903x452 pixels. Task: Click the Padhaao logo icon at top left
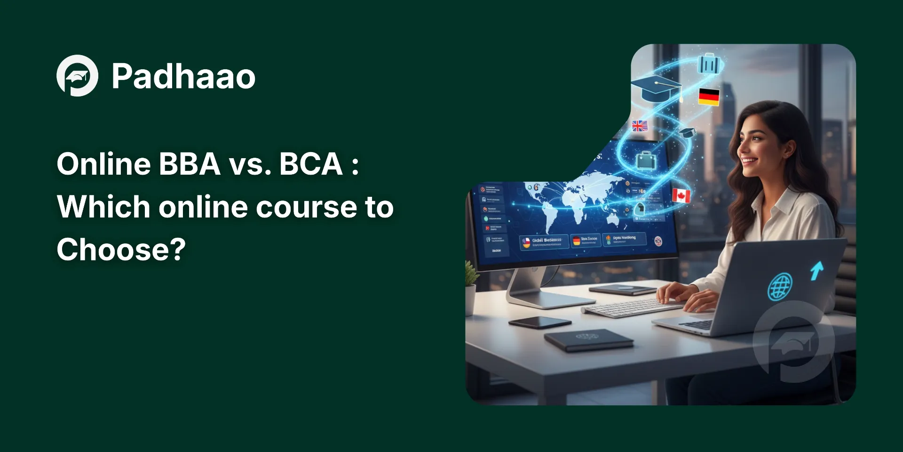(x=77, y=76)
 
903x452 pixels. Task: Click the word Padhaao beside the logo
(x=183, y=76)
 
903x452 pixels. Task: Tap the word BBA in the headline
(x=190, y=164)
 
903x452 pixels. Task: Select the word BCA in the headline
(x=311, y=164)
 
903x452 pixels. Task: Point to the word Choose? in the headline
(x=121, y=249)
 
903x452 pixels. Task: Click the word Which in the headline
(x=103, y=207)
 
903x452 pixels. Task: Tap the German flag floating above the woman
(x=709, y=97)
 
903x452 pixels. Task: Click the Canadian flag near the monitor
(x=681, y=195)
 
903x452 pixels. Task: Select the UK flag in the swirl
(x=640, y=126)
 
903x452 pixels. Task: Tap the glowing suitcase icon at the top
(x=709, y=64)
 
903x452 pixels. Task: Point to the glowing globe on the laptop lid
(x=780, y=287)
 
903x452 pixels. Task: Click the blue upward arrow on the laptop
(x=817, y=270)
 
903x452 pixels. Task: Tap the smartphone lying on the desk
(x=539, y=323)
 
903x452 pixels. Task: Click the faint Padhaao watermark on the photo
(x=793, y=341)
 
